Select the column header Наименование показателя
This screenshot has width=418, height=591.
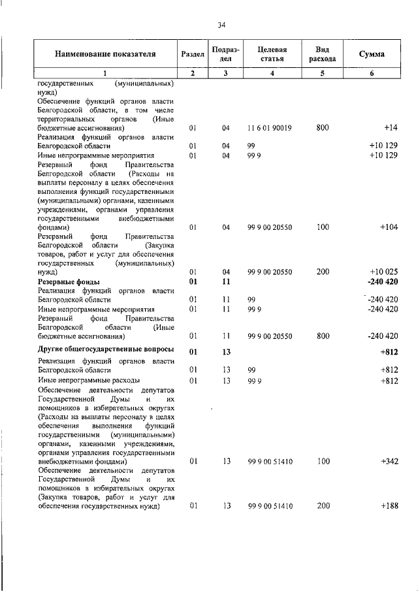(x=105, y=54)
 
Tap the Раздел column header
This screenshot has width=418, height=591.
(x=192, y=55)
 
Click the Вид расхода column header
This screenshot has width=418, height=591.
(x=322, y=54)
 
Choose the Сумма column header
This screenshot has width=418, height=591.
(x=372, y=54)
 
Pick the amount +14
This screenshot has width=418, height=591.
(x=391, y=128)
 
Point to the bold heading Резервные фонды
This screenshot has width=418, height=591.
(x=67, y=281)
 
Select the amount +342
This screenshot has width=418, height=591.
(x=389, y=462)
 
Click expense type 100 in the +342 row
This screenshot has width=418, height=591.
(x=322, y=462)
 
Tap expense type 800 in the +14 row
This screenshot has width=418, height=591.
(x=322, y=128)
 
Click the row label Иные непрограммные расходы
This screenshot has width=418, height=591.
(x=88, y=380)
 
